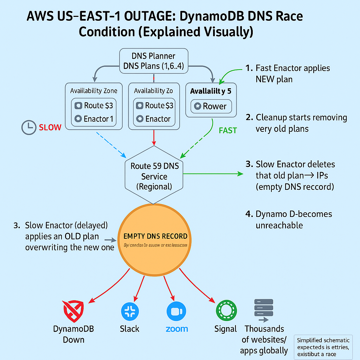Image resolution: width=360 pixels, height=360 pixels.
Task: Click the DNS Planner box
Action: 154,61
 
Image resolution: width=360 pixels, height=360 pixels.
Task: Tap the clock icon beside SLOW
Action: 29,127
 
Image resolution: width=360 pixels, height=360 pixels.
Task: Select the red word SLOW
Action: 50,127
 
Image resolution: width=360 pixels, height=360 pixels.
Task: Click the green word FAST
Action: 228,130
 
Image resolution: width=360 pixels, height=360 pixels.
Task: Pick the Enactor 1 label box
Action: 94,119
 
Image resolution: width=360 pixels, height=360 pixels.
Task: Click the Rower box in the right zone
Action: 211,106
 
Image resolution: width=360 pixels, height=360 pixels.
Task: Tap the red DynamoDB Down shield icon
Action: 73,311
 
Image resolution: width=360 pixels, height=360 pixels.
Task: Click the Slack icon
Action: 130,311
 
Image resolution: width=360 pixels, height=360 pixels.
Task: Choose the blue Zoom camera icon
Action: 176,311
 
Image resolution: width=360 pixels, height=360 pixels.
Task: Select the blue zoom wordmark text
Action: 176,329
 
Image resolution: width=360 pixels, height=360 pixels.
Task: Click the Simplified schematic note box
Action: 323,347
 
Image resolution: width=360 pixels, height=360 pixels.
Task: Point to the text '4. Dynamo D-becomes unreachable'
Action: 294,219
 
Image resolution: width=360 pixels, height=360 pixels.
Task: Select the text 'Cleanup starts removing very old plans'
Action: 301,123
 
